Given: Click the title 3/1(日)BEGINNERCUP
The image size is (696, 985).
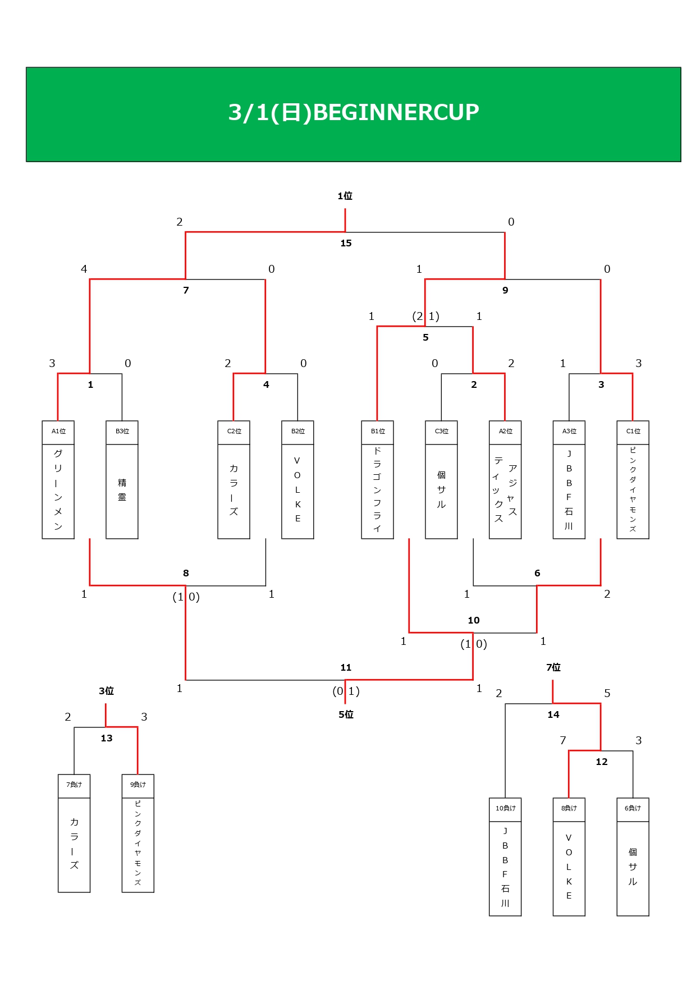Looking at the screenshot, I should (354, 112).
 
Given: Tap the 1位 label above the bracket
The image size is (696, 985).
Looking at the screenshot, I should (345, 196).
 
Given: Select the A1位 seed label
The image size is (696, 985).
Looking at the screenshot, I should (58, 432).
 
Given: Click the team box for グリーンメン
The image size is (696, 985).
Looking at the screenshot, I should (58, 491).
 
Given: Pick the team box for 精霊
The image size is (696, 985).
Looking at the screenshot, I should (122, 491).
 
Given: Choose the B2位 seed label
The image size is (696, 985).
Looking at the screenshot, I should (298, 432).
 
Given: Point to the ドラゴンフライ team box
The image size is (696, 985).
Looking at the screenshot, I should (378, 491).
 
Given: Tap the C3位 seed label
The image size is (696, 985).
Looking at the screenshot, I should (442, 432).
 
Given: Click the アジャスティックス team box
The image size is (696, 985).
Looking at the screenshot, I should (505, 491).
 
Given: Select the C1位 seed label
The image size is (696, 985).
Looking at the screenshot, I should (633, 432).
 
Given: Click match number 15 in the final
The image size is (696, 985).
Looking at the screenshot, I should (346, 243).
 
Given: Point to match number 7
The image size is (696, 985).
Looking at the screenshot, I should (186, 290).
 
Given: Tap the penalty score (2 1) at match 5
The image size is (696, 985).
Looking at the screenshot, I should (425, 317).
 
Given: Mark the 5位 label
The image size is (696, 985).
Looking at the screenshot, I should (346, 714).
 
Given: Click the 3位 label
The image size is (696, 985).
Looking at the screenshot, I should (107, 691).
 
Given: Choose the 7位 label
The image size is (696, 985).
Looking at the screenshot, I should (553, 667).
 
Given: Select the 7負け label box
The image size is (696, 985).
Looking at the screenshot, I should (74, 785).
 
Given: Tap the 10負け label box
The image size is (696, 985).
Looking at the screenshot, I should (505, 809).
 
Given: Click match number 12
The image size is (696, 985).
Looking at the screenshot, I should (602, 762).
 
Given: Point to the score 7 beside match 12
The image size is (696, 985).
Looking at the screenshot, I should (563, 741).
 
